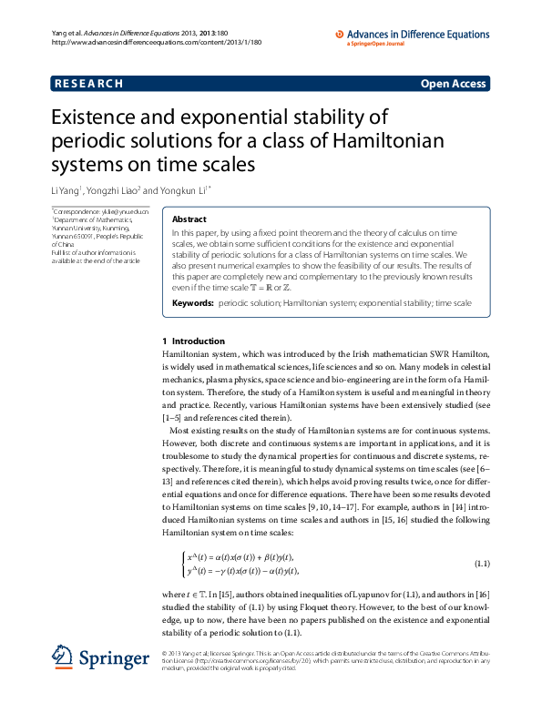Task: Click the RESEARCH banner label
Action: pyautogui.click(x=88, y=84)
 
